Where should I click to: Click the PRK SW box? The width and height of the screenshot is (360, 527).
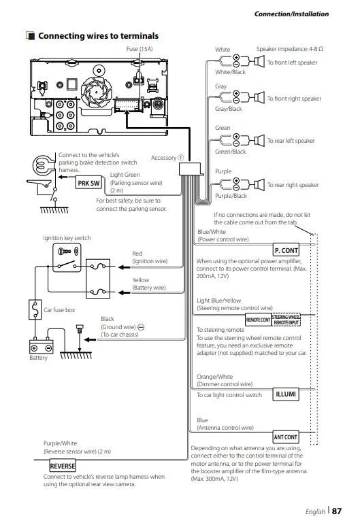tap(88, 183)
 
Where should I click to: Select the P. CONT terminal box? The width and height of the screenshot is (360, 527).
tap(286, 250)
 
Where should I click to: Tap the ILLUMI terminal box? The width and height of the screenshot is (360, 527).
tap(286, 394)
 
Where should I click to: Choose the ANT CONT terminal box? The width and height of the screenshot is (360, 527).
tap(285, 437)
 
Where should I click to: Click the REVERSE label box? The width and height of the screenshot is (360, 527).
tap(63, 466)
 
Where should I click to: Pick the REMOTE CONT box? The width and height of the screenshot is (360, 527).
tap(258, 320)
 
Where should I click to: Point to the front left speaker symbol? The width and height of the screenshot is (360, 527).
tap(259, 61)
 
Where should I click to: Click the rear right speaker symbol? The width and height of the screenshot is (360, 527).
tap(259, 184)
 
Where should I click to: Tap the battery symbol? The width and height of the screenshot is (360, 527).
tap(42, 345)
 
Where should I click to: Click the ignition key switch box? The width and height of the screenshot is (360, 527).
tap(67, 258)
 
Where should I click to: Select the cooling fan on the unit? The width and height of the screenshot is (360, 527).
tap(96, 92)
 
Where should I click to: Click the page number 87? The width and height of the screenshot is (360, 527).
tap(336, 511)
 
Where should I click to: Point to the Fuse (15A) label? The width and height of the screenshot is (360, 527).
tap(140, 49)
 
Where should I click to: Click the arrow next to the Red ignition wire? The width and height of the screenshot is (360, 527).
tap(124, 267)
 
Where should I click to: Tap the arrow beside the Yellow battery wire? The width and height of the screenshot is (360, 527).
tap(124, 293)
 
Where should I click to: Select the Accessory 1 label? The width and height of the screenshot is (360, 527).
tap(167, 158)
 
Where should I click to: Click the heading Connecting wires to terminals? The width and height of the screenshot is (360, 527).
tap(98, 35)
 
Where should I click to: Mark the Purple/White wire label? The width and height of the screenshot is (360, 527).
tap(60, 443)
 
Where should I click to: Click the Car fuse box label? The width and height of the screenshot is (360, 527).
tap(59, 310)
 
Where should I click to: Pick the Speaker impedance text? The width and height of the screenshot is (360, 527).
tap(290, 49)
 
